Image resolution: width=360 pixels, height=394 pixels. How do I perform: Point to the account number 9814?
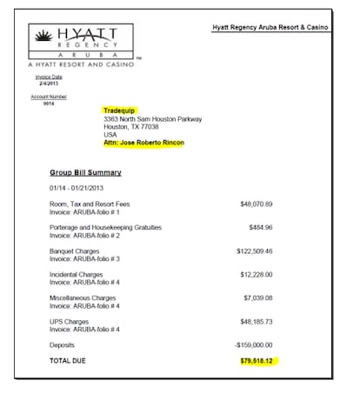click(x=49, y=104)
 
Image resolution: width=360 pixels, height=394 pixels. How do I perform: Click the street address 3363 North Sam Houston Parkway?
click(x=152, y=118)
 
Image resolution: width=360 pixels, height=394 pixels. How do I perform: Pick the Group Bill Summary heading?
click(x=85, y=172)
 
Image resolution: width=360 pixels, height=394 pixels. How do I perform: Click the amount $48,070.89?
click(x=257, y=204)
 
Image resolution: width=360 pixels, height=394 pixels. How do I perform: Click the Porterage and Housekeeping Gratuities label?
click(x=105, y=227)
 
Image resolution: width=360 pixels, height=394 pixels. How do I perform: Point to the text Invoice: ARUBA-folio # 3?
click(x=84, y=258)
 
